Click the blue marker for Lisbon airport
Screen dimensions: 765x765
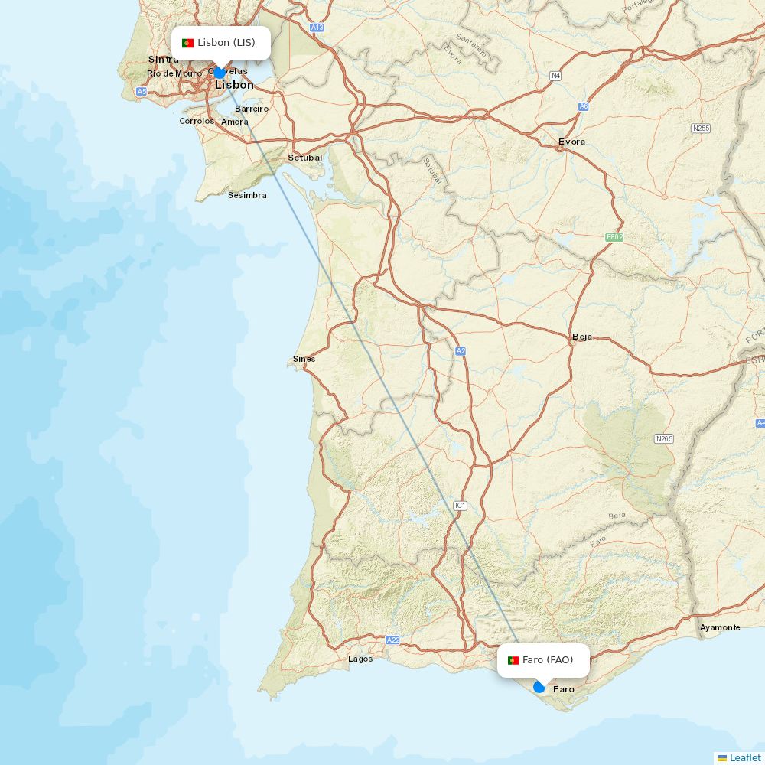(x=220, y=73)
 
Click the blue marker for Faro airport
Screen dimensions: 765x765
(x=539, y=687)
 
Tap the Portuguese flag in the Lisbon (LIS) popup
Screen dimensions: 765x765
(x=187, y=43)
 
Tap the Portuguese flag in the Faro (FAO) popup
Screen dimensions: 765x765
(x=513, y=660)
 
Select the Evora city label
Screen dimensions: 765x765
(x=571, y=142)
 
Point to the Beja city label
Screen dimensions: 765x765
(x=581, y=337)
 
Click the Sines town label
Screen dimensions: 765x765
(x=304, y=359)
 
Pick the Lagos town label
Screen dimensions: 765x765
(x=360, y=659)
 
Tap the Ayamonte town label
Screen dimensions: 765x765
(x=720, y=627)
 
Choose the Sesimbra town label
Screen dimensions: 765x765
(x=247, y=195)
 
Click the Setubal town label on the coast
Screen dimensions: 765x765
(x=304, y=158)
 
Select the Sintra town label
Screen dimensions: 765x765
(x=163, y=59)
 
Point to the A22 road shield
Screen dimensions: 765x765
(x=393, y=640)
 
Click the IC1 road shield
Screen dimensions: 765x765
(x=460, y=506)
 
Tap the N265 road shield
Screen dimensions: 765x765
(x=664, y=438)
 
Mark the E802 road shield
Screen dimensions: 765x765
(x=614, y=237)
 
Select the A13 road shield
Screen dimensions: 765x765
(x=317, y=27)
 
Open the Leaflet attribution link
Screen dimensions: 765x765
(x=744, y=757)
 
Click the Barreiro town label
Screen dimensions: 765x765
(x=252, y=109)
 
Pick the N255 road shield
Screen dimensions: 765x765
(x=701, y=129)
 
